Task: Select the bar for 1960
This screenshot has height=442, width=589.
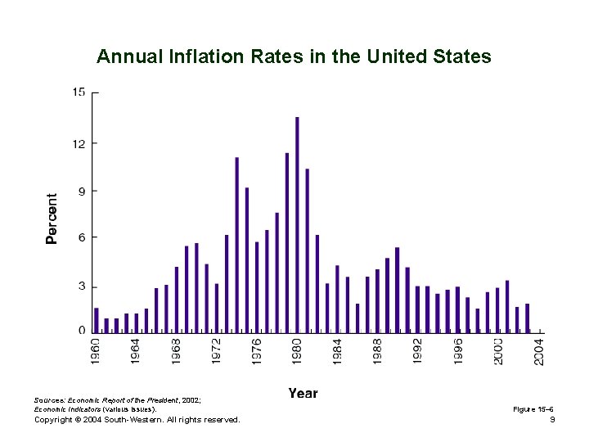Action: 97,319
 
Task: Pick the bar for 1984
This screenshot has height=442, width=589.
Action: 337,298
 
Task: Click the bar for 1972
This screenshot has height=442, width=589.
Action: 217,307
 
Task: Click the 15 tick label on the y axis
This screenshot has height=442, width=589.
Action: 79,92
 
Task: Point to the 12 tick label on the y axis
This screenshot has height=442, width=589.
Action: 79,142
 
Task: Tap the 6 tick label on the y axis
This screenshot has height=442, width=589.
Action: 82,237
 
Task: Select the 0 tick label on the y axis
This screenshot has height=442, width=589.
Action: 82,331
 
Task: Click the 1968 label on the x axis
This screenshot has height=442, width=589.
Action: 177,350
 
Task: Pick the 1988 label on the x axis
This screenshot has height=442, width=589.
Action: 377,350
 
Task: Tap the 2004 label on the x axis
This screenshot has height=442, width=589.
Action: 539,350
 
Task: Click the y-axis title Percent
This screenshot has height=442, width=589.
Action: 52,219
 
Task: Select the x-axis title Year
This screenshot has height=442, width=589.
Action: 303,394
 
